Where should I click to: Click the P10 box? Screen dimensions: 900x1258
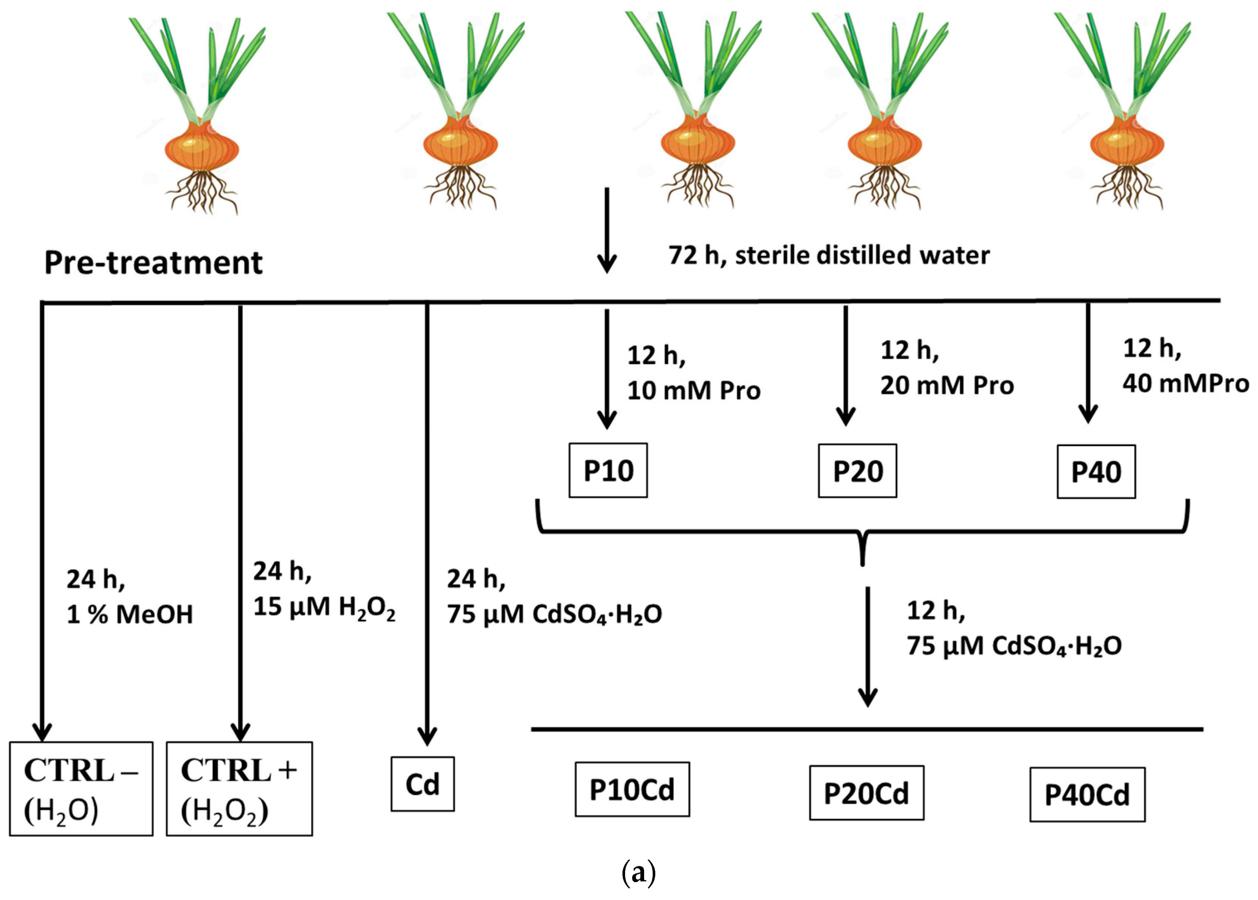point(608,470)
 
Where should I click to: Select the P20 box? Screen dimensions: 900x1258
point(857,471)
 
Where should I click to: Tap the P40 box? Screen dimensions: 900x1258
point(1095,471)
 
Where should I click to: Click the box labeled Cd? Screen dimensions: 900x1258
point(422,784)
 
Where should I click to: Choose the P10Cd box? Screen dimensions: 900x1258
point(632,789)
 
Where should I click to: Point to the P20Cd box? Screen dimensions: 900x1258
point(866,793)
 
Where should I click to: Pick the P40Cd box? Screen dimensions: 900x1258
point(1087,794)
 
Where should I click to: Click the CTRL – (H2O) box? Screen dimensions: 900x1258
point(81,788)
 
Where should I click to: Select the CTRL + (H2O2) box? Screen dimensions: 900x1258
point(239,788)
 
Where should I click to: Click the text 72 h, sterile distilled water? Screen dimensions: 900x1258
point(829,256)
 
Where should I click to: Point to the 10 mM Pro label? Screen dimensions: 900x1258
point(693,390)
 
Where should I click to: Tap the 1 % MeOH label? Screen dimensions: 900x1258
point(130,614)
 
